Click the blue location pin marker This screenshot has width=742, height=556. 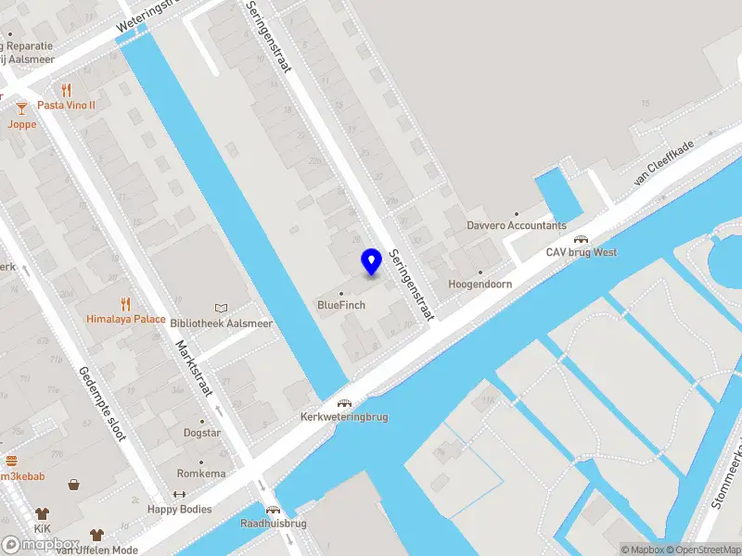click(371, 261)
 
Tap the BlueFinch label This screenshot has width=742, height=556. click(341, 305)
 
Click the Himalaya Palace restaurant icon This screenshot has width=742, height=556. click(126, 303)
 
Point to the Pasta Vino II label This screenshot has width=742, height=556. click(66, 105)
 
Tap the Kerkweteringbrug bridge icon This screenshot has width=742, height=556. click(344, 404)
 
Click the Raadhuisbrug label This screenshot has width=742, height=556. click(273, 523)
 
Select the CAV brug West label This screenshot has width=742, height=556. click(581, 252)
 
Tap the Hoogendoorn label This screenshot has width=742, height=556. click(480, 284)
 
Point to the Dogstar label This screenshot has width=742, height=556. click(201, 433)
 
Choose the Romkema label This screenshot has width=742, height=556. click(201, 474)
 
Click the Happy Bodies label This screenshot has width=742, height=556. click(180, 509)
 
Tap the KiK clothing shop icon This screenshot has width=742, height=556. click(42, 512)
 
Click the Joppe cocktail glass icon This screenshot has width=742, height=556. click(21, 109)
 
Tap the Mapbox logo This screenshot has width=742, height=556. click(41, 545)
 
